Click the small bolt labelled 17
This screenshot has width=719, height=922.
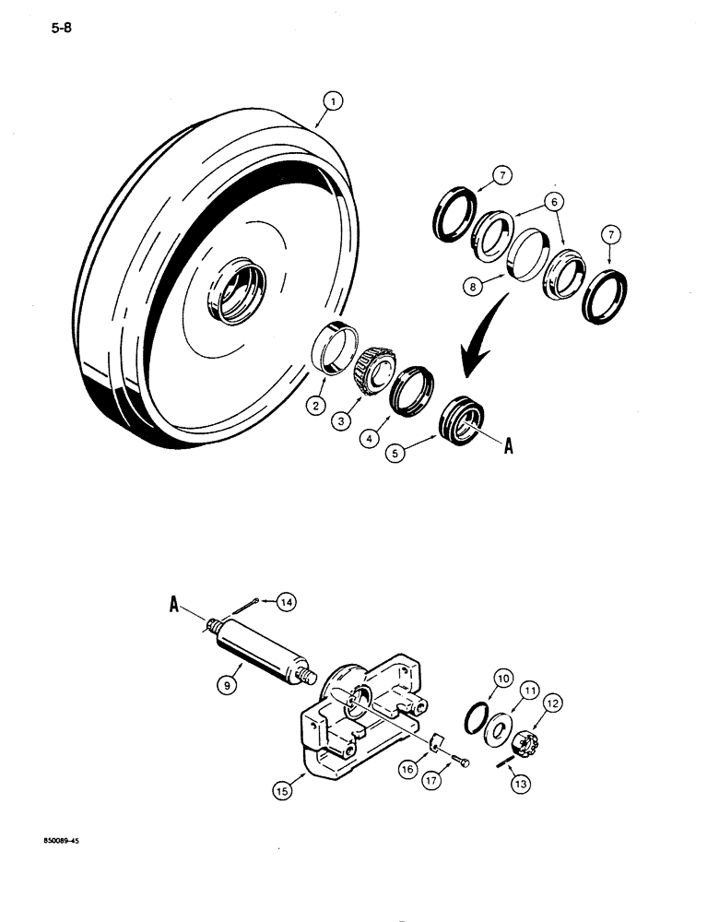click(x=460, y=762)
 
